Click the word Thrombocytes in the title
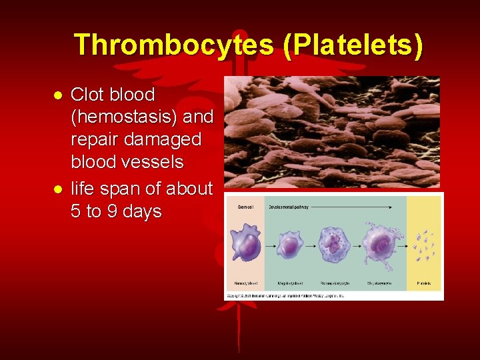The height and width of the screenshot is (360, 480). tap(173, 45)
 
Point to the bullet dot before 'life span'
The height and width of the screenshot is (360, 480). tap(58, 189)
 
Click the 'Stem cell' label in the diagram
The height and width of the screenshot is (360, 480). tap(245, 208)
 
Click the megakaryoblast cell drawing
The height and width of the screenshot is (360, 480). tap(289, 246)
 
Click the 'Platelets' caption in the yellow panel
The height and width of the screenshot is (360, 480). tap(424, 283)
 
